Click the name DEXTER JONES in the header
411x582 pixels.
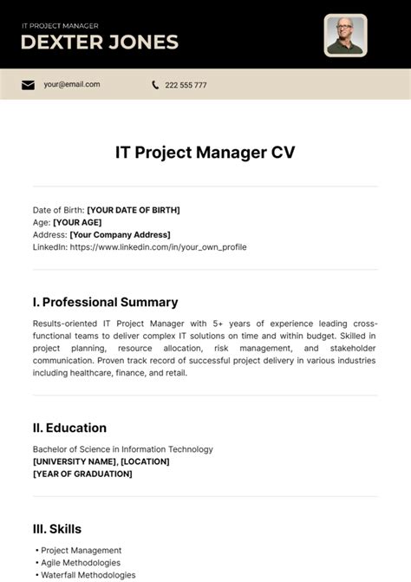click(x=100, y=42)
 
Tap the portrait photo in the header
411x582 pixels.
click(x=345, y=36)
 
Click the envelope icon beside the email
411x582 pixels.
click(x=28, y=85)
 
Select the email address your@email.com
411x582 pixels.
click(x=72, y=85)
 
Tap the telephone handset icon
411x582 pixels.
click(x=155, y=85)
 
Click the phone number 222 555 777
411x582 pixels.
click(x=186, y=85)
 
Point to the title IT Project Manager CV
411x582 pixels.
click(x=205, y=152)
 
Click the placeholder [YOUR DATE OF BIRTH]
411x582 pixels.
click(x=134, y=210)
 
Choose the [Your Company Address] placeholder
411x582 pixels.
click(x=120, y=234)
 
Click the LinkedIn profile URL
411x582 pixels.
click(x=158, y=246)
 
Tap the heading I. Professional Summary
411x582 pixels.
click(x=105, y=302)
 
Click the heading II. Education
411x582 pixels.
click(x=69, y=428)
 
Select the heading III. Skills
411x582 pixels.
click(x=57, y=528)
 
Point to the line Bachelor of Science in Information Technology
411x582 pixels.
click(x=122, y=449)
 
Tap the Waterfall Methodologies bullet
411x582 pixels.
click(x=88, y=574)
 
